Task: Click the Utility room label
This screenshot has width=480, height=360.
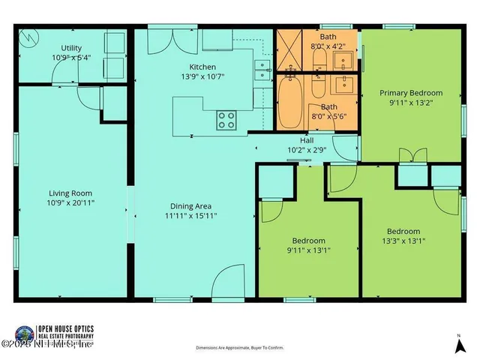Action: pyautogui.click(x=71, y=48)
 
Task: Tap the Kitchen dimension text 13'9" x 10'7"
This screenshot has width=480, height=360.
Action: pyautogui.click(x=202, y=76)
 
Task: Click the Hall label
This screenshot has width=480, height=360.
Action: pyautogui.click(x=307, y=140)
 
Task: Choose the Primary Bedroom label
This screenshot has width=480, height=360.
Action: pyautogui.click(x=410, y=93)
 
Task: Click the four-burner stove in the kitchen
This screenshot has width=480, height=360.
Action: pyautogui.click(x=226, y=118)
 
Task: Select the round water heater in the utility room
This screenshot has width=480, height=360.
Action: pyautogui.click(x=30, y=36)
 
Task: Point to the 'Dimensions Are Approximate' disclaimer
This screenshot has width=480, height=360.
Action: pyautogui.click(x=240, y=348)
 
